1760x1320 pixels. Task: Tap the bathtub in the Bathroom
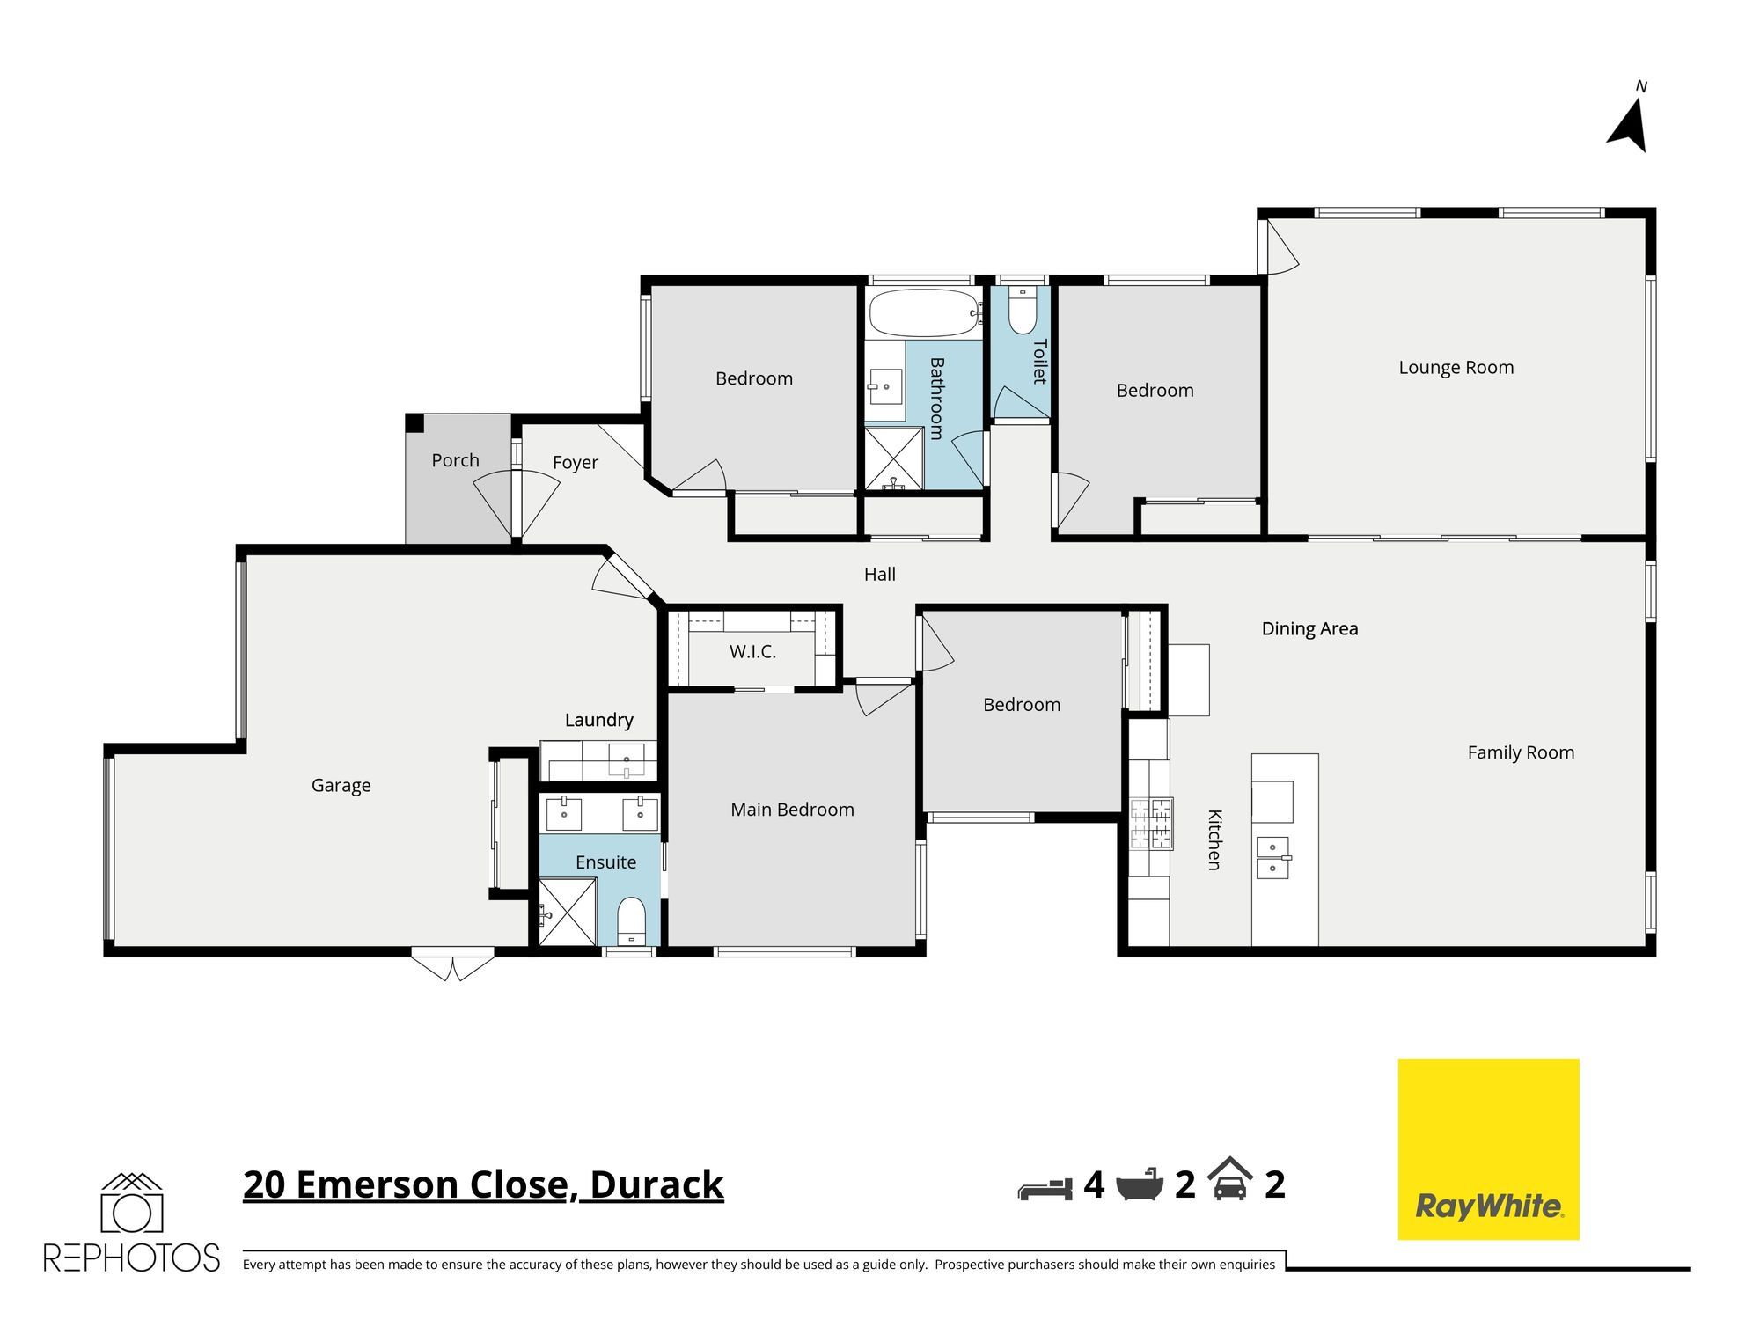point(925,312)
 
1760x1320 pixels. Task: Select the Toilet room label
point(1039,362)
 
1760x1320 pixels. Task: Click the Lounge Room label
point(1456,368)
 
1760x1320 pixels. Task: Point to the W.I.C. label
point(752,652)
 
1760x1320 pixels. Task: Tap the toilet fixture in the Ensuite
point(631,920)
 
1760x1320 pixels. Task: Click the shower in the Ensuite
point(568,913)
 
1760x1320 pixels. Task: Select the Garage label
point(341,785)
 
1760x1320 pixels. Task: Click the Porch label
point(455,460)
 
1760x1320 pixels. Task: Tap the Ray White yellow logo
point(1488,1149)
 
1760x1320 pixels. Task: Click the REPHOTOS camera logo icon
point(132,1203)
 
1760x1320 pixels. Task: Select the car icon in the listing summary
point(1230,1179)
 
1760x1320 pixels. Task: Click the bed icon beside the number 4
point(1045,1188)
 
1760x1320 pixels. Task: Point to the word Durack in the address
point(656,1184)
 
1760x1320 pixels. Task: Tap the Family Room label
point(1521,752)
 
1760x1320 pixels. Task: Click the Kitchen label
point(1214,840)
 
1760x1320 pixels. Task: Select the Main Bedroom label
point(792,810)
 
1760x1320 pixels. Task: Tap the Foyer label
point(576,463)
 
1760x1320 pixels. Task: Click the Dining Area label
point(1309,628)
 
